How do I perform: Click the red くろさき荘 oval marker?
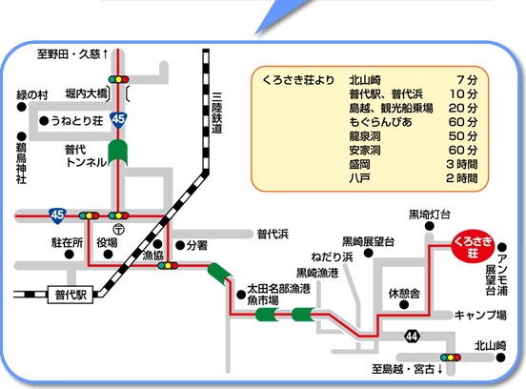[x=473, y=247]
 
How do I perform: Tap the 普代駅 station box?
[x=71, y=295]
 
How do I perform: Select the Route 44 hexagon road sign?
[x=412, y=336]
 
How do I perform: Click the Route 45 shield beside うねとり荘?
[x=118, y=120]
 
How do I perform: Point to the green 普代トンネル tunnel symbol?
[x=118, y=153]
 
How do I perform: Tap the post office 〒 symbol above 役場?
[x=119, y=229]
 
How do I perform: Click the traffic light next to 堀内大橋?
[x=118, y=79]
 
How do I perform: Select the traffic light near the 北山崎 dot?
[x=450, y=358]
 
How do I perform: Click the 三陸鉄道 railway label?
[x=216, y=113]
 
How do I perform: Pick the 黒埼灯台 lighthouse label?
[x=430, y=215]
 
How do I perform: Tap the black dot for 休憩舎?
[x=404, y=305]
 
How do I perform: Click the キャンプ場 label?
[x=480, y=316]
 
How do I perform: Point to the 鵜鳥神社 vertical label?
[x=21, y=163]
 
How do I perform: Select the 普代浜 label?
[x=273, y=234]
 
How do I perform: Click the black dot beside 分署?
[x=180, y=246]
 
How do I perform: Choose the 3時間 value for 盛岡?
[x=462, y=164]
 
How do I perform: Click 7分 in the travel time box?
[x=467, y=80]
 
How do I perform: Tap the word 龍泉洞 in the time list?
[x=365, y=136]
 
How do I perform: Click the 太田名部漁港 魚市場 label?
[x=278, y=295]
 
